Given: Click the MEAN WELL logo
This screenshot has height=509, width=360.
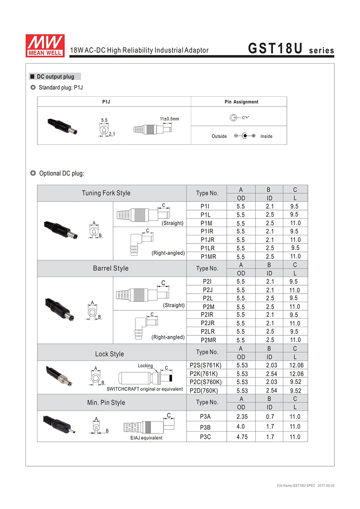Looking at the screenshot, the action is click(x=45, y=45).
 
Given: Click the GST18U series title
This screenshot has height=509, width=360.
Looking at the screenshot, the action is click(x=291, y=49).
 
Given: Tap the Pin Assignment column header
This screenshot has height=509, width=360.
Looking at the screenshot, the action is click(x=241, y=102).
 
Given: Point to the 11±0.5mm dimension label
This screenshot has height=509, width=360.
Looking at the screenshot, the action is click(x=169, y=119).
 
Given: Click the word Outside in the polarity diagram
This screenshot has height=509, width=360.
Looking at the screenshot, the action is click(x=219, y=136).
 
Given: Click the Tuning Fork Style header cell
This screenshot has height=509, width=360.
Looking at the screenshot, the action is click(x=106, y=193).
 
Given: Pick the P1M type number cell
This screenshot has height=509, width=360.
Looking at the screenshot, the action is click(x=206, y=223).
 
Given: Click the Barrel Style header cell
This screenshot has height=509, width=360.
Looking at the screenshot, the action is click(x=111, y=268).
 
